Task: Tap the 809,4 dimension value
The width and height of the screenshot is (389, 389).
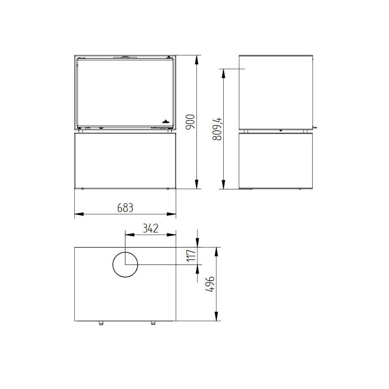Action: point(217,129)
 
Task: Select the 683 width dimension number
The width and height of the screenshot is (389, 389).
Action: point(125,208)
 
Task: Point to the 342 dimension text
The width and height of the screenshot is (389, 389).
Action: point(150,228)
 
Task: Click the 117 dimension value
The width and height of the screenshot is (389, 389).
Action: point(192,256)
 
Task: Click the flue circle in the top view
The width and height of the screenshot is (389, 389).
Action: point(125,265)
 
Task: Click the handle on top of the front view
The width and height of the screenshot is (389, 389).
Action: point(124,56)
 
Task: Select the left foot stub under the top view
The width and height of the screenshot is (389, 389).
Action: point(102,323)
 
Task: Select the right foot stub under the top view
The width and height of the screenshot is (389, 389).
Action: point(153,323)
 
